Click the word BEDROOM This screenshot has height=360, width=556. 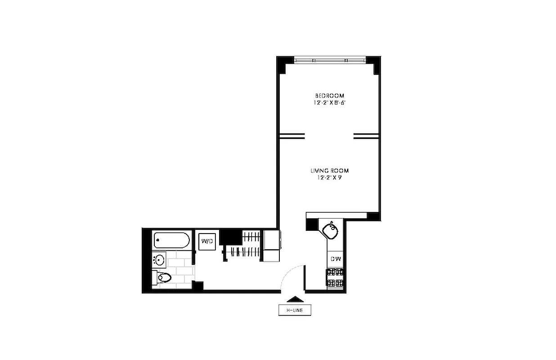(x=329, y=96)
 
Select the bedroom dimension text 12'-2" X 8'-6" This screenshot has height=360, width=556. (x=329, y=103)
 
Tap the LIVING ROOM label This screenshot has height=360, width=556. (x=329, y=171)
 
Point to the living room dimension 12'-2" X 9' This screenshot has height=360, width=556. (x=329, y=178)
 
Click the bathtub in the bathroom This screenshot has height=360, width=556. (x=171, y=240)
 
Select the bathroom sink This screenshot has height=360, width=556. (x=159, y=260)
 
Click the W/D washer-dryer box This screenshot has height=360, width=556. (x=207, y=241)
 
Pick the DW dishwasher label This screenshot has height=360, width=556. (x=336, y=259)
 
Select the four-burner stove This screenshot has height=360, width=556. (x=335, y=277)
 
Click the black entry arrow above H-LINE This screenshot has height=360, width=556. (x=295, y=299)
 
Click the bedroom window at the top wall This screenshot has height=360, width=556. (x=330, y=60)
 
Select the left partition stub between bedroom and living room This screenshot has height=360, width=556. (x=292, y=136)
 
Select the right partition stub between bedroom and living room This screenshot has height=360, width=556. (x=366, y=136)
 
